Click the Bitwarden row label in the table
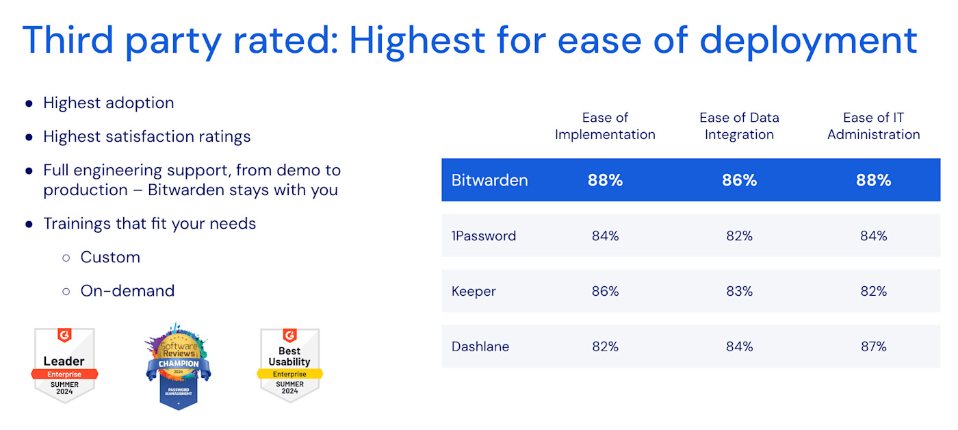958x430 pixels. click(489, 180)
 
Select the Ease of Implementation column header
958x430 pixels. click(605, 126)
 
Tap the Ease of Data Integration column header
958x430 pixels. click(739, 126)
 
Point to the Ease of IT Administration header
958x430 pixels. click(873, 126)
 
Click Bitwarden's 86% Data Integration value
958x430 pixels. click(739, 180)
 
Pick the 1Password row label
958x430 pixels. click(484, 236)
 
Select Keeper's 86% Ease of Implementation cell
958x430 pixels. click(605, 291)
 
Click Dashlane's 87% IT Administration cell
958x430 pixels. click(873, 346)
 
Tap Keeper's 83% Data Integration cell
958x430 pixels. click(739, 291)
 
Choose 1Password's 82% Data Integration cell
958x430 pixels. click(739, 236)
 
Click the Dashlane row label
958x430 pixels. click(480, 346)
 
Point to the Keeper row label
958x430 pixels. click(474, 291)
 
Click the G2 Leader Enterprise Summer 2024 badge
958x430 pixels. click(64, 365)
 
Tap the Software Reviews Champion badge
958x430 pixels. click(178, 366)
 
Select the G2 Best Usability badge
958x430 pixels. click(289, 365)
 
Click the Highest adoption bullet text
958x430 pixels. click(108, 103)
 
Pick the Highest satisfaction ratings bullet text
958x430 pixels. click(146, 136)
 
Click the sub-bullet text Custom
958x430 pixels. click(110, 257)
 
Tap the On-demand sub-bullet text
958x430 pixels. click(127, 290)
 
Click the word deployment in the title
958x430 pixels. click(808, 40)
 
